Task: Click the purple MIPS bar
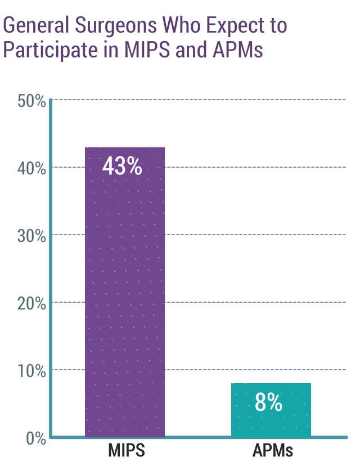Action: [x=125, y=293]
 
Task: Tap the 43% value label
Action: [x=122, y=167]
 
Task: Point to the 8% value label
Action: [x=268, y=402]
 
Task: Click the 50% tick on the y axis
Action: [x=31, y=101]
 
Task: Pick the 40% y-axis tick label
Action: [x=31, y=168]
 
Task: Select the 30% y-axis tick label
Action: [x=31, y=236]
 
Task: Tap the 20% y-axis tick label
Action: [x=31, y=303]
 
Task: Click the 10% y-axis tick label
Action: [x=31, y=371]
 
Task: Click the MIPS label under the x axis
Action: [x=127, y=451]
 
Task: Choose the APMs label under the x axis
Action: [x=272, y=451]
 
